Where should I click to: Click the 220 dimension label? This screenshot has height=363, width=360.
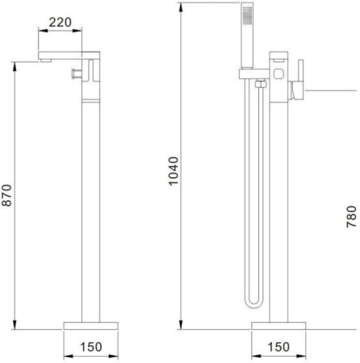(60, 23)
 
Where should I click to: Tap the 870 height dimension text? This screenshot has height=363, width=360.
(6, 195)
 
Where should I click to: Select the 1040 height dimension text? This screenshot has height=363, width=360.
(174, 171)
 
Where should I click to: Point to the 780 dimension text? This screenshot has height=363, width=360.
(351, 217)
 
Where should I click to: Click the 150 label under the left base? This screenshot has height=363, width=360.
(91, 347)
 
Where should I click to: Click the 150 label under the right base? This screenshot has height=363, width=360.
(278, 347)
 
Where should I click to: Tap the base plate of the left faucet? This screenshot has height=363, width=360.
(91, 326)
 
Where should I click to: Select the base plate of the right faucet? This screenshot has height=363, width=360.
(278, 326)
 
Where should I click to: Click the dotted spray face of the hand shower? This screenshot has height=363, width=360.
(247, 15)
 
